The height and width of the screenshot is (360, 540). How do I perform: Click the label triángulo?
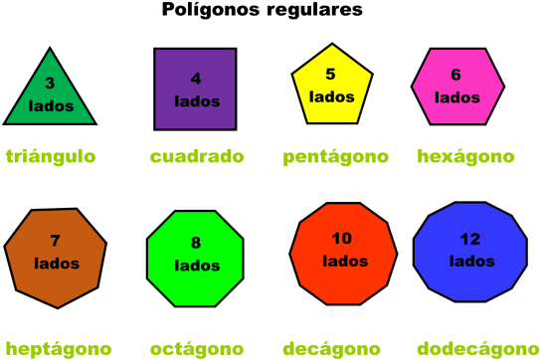51,156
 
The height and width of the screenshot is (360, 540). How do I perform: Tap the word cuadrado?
197,156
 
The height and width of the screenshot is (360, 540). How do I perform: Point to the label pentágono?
335,157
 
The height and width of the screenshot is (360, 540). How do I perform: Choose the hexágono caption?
465,157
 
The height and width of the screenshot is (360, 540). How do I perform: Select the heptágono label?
58,349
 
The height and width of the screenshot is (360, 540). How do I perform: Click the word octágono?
197,349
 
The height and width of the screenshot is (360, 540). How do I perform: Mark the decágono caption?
331,349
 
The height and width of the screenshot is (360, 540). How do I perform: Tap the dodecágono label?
477,349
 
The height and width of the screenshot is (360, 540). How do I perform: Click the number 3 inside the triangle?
50,84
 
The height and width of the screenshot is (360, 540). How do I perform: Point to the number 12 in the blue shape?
470,240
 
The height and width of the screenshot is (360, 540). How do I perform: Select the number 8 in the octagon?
196,243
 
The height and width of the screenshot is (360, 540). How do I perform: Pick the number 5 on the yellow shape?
330,74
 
